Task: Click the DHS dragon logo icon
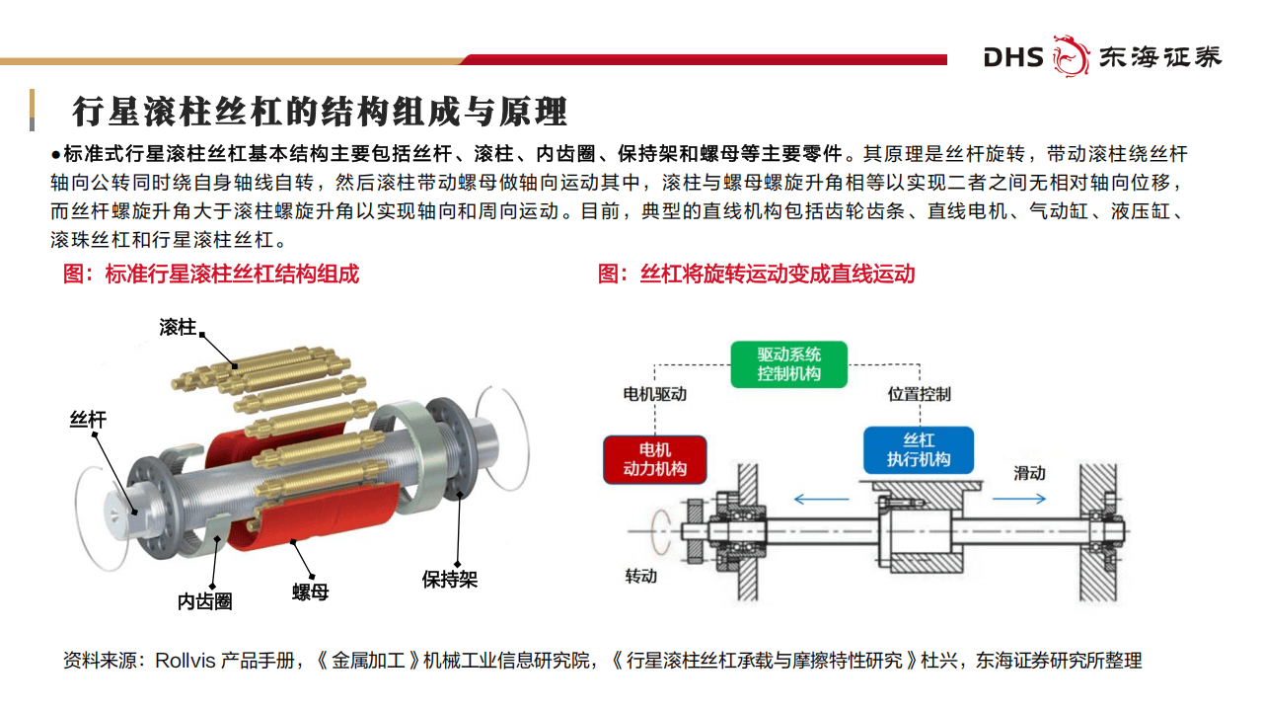(x=1071, y=55)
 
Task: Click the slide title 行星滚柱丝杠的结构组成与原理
(x=321, y=111)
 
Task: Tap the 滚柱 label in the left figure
(x=178, y=327)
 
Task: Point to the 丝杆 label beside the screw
(x=88, y=420)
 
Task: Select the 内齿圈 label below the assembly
(x=205, y=600)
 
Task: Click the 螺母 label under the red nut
(x=310, y=592)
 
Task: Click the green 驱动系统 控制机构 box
(x=788, y=364)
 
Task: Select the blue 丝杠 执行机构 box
(x=918, y=450)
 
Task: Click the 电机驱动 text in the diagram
(x=654, y=394)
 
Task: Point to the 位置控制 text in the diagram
(x=919, y=394)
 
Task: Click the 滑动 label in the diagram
(x=1029, y=473)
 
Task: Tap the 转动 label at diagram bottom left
(x=640, y=576)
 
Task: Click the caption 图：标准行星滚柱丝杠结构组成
(x=211, y=274)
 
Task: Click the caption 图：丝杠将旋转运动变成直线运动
(x=756, y=274)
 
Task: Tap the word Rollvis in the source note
(x=186, y=661)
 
